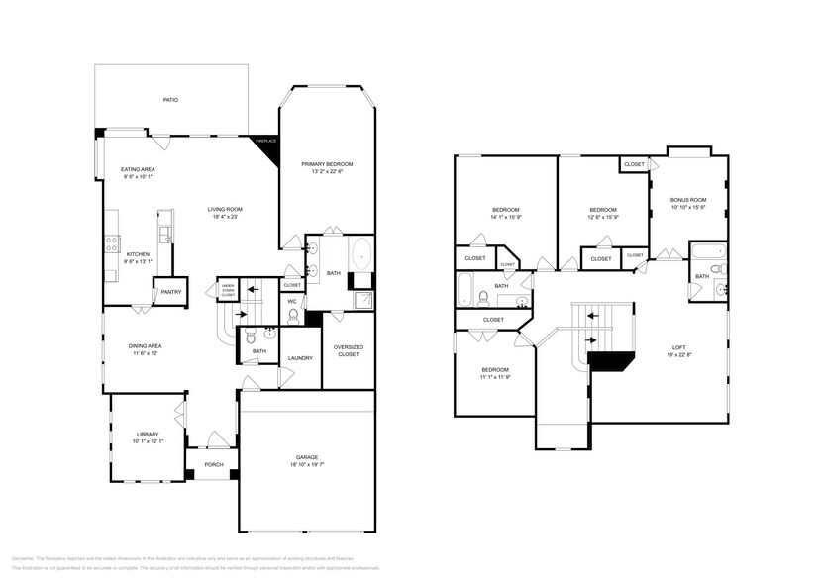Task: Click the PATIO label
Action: [x=171, y=100]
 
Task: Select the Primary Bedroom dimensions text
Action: [x=327, y=171]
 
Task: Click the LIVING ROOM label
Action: [x=225, y=209]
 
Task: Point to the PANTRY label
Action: [x=164, y=291]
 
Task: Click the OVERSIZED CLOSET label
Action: [x=348, y=349]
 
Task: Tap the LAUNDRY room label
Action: [x=300, y=358]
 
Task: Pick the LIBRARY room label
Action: [x=148, y=434]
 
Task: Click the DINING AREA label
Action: [x=146, y=345]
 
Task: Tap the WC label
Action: [x=292, y=301]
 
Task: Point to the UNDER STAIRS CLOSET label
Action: [x=228, y=291]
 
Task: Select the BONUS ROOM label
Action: [x=688, y=199]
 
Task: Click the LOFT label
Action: [x=679, y=346]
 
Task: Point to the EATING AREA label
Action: [x=139, y=169]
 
